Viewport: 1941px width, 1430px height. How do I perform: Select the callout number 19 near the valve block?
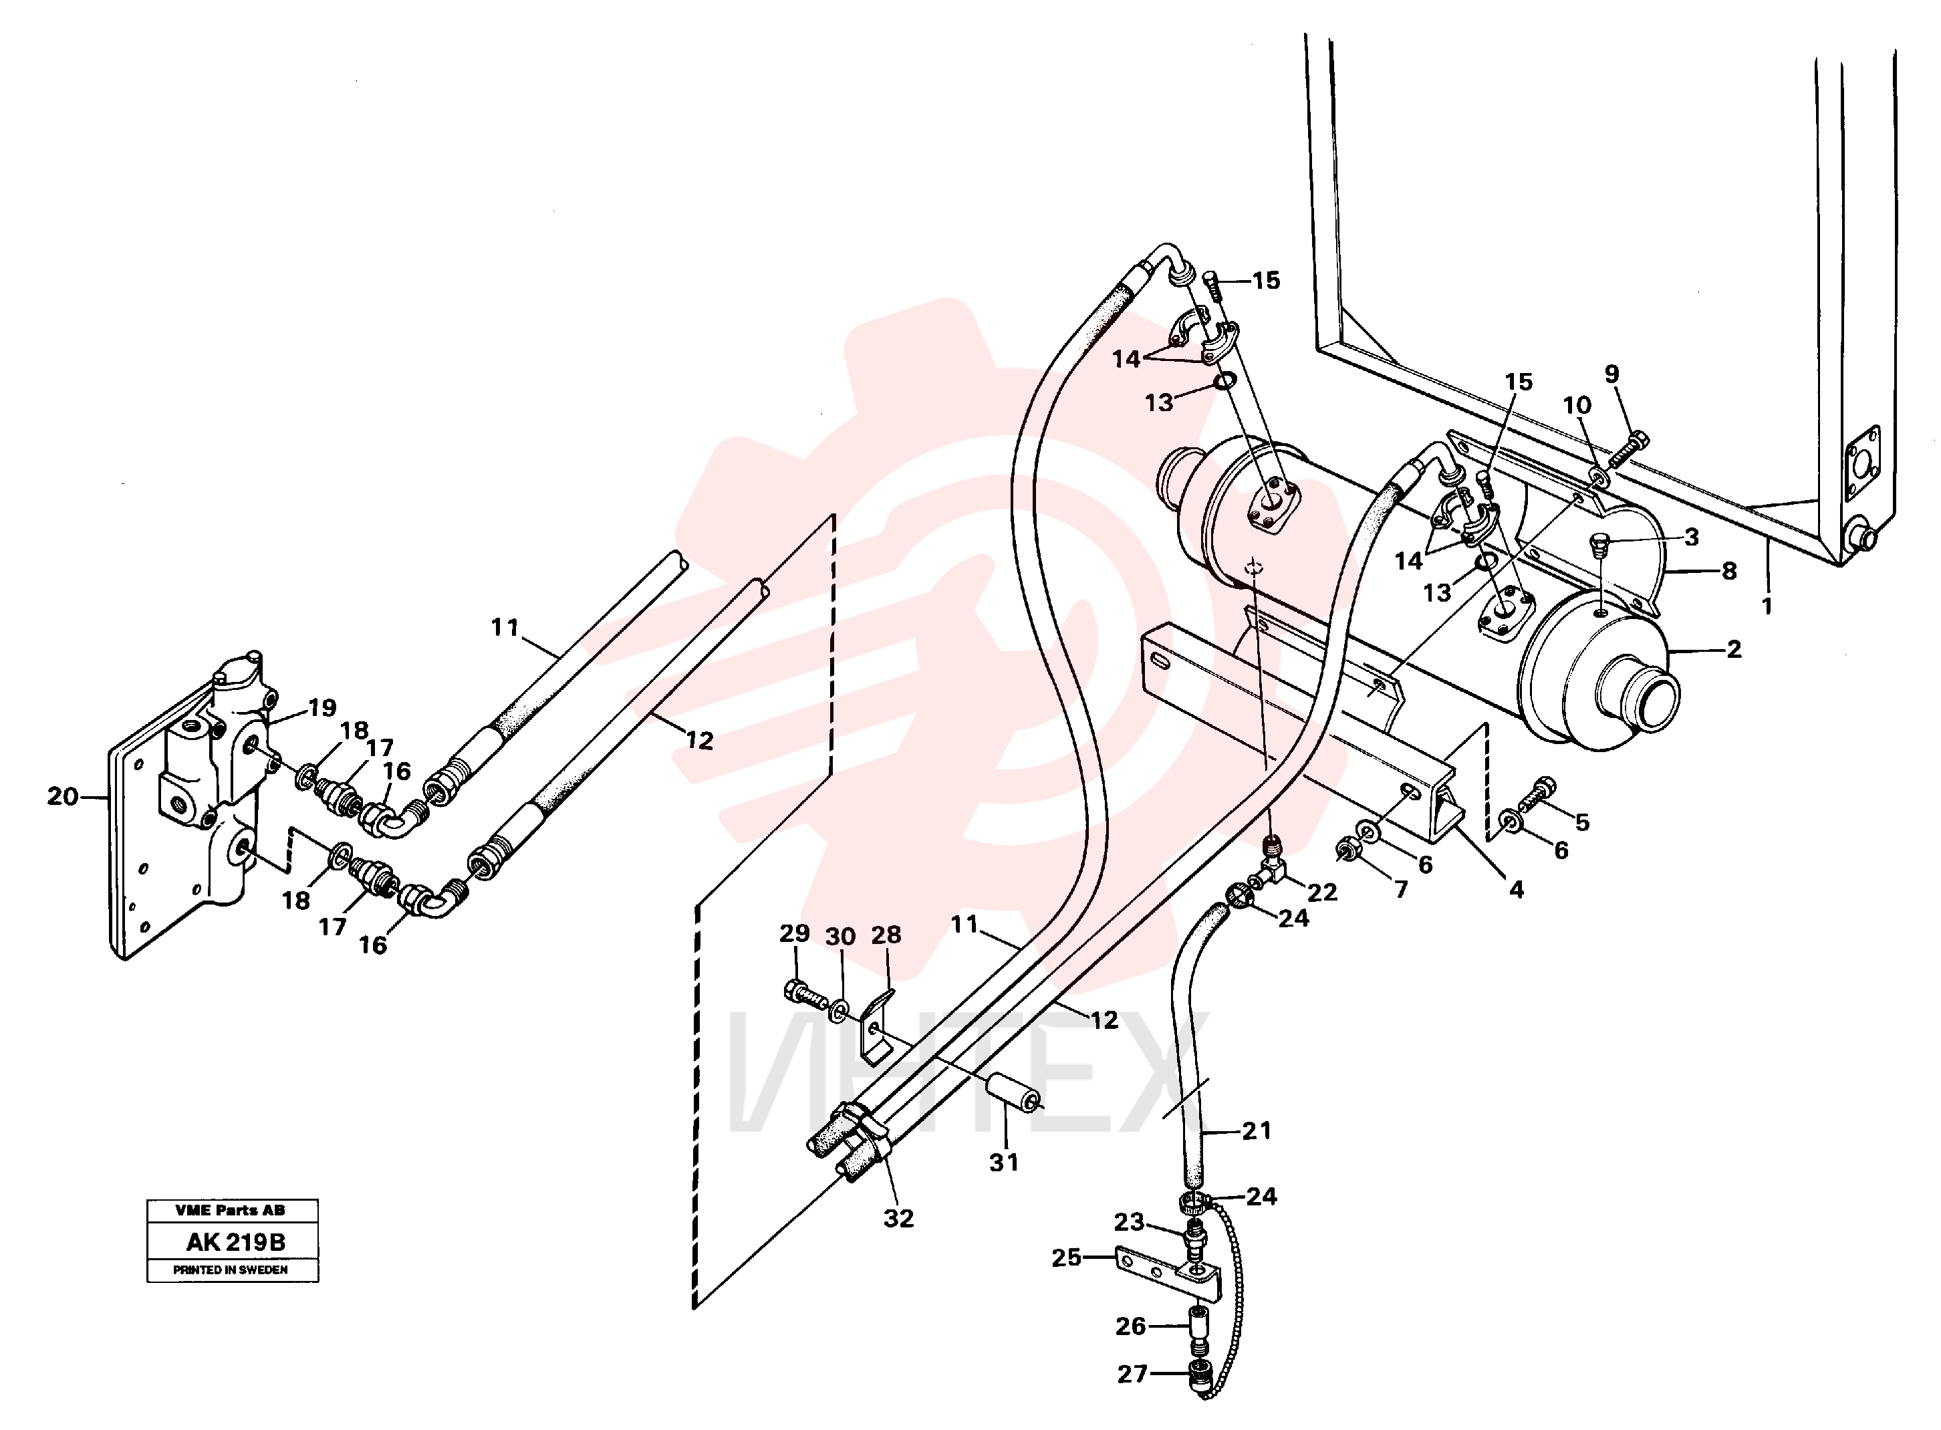tap(322, 708)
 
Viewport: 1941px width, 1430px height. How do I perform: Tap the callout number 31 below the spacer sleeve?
tap(1004, 1163)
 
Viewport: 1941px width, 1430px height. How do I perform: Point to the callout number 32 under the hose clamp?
tap(898, 1219)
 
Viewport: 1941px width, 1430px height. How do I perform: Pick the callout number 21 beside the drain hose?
tap(1257, 1130)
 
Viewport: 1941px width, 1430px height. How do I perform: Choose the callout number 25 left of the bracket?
tap(1066, 1257)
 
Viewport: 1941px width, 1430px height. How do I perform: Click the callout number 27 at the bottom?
tap(1132, 1374)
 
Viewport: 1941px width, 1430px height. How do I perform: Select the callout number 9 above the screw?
tap(1611, 374)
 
